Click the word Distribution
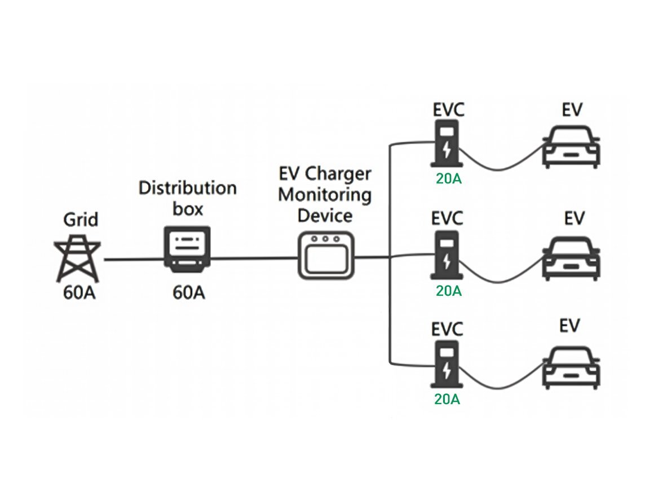click(188, 187)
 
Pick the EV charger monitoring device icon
click(326, 255)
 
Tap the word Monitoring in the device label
click(325, 195)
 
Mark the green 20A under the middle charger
click(448, 291)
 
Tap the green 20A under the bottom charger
click(447, 399)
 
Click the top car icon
click(572, 147)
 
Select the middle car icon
click(572, 258)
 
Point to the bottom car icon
click(572, 367)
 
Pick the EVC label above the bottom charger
click(447, 328)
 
